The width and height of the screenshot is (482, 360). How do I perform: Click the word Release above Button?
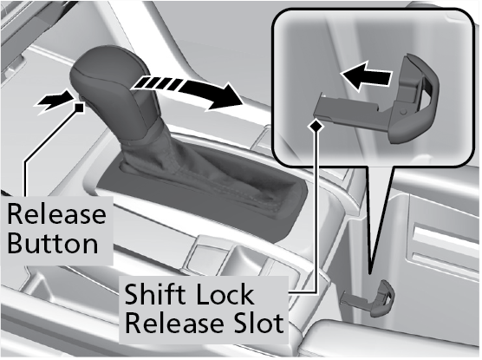click(x=56, y=214)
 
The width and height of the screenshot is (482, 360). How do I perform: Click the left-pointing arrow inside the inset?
click(x=366, y=75)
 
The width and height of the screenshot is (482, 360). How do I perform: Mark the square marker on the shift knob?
click(x=79, y=108)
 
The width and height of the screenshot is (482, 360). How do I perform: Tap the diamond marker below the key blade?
click(x=316, y=125)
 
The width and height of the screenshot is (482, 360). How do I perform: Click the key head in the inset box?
click(x=418, y=99)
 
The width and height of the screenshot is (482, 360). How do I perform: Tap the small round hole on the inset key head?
click(x=404, y=111)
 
